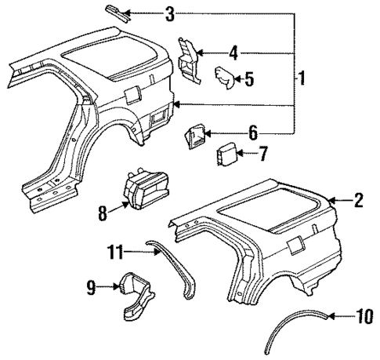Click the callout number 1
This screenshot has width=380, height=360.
(x=302, y=79)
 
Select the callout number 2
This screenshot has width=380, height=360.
(x=359, y=201)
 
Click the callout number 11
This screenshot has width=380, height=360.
(x=116, y=251)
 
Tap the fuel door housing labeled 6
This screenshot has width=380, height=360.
(x=194, y=138)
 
